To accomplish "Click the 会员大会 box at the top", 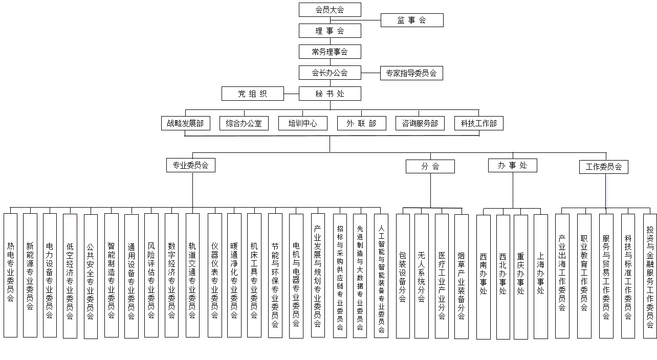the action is pyautogui.click(x=330, y=10).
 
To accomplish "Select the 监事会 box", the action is pyautogui.click(x=412, y=20).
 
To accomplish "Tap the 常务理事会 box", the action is pyautogui.click(x=330, y=52).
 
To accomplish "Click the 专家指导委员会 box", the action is pyautogui.click(x=411, y=73).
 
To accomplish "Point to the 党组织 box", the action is pyautogui.click(x=253, y=94).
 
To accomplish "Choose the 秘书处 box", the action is pyautogui.click(x=330, y=94).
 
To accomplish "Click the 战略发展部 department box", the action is pyautogui.click(x=186, y=123).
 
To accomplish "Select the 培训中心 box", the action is pyautogui.click(x=303, y=123).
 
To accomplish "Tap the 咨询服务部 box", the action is pyautogui.click(x=420, y=123).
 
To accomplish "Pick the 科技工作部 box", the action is pyautogui.click(x=479, y=123).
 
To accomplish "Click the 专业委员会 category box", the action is pyautogui.click(x=191, y=165).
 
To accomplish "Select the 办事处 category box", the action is pyautogui.click(x=513, y=165).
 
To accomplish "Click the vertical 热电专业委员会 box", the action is pyautogui.click(x=11, y=275).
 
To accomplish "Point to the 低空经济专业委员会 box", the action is pyautogui.click(x=70, y=276).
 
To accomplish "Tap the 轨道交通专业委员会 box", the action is pyautogui.click(x=193, y=275).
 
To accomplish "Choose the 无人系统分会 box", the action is pyautogui.click(x=422, y=276).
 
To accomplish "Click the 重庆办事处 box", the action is pyautogui.click(x=521, y=277).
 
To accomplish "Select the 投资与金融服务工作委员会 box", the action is pyautogui.click(x=650, y=276).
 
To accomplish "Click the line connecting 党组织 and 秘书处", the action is pyautogui.click(x=292, y=94).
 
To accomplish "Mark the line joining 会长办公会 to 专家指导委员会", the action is pyautogui.click(x=371, y=73).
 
